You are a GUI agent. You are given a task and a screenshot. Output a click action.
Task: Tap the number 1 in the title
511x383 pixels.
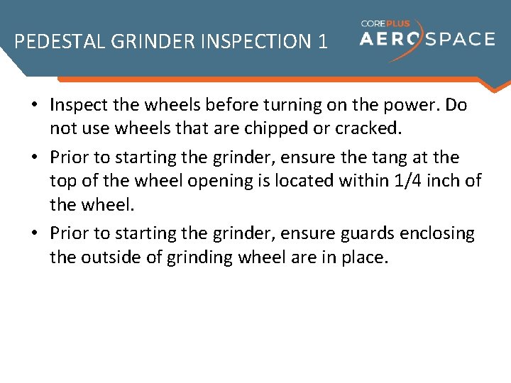point(323,42)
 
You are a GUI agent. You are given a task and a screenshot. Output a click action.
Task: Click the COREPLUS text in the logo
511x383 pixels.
point(385,23)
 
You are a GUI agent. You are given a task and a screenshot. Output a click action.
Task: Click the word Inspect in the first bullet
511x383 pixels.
point(77,106)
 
